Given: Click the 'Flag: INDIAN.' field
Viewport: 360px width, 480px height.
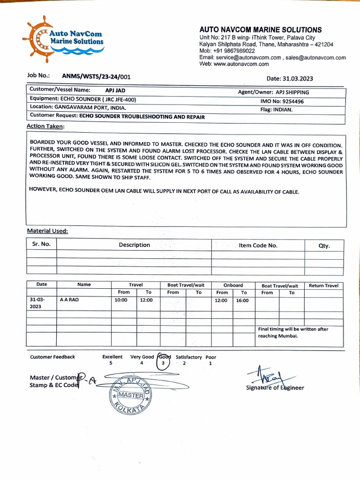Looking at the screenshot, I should [x=277, y=110].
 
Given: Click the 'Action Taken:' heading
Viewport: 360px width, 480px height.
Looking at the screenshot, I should [x=45, y=126].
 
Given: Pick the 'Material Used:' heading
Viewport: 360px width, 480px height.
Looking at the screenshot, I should [x=47, y=231].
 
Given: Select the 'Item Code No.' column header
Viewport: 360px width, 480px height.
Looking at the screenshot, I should [x=258, y=245].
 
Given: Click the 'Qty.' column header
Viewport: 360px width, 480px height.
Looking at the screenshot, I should [x=324, y=245].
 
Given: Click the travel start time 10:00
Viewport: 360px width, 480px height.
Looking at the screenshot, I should [x=121, y=300].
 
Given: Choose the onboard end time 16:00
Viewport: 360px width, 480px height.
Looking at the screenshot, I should [x=242, y=300].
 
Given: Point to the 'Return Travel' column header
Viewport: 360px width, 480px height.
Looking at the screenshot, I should [x=323, y=285].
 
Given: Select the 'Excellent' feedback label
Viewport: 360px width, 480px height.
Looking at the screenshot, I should [x=112, y=357].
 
